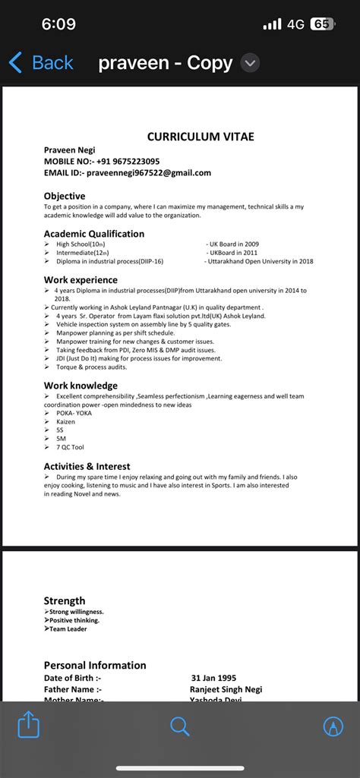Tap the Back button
pos(41,63)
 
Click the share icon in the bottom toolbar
pos(28,726)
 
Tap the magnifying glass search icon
pos(180,726)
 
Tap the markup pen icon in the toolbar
pos(333,726)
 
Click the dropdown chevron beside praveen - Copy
pos(250,63)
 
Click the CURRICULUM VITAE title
pos(201,137)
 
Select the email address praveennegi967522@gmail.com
pos(148,173)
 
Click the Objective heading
pos(65,196)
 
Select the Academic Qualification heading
pos(94,234)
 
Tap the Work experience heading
pos(81,280)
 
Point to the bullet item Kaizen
pos(66,421)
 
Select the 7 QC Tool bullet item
pos(71,448)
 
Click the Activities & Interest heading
pos(87,466)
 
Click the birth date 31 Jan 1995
pos(215,678)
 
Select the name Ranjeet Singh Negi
pos(226,689)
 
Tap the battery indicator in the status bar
pos(322,24)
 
